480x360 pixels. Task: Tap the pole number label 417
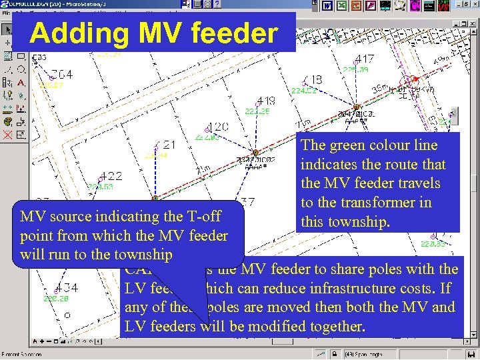(365, 59)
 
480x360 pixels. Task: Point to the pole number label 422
(111, 176)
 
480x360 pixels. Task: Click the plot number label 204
(62, 74)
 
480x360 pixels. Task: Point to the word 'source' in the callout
(72, 217)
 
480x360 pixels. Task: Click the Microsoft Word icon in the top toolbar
(327, 6)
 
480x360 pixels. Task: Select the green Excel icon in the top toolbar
(342, 6)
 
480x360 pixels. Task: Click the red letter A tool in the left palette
(21, 83)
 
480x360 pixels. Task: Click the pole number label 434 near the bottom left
(68, 288)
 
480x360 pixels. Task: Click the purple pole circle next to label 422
(101, 179)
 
